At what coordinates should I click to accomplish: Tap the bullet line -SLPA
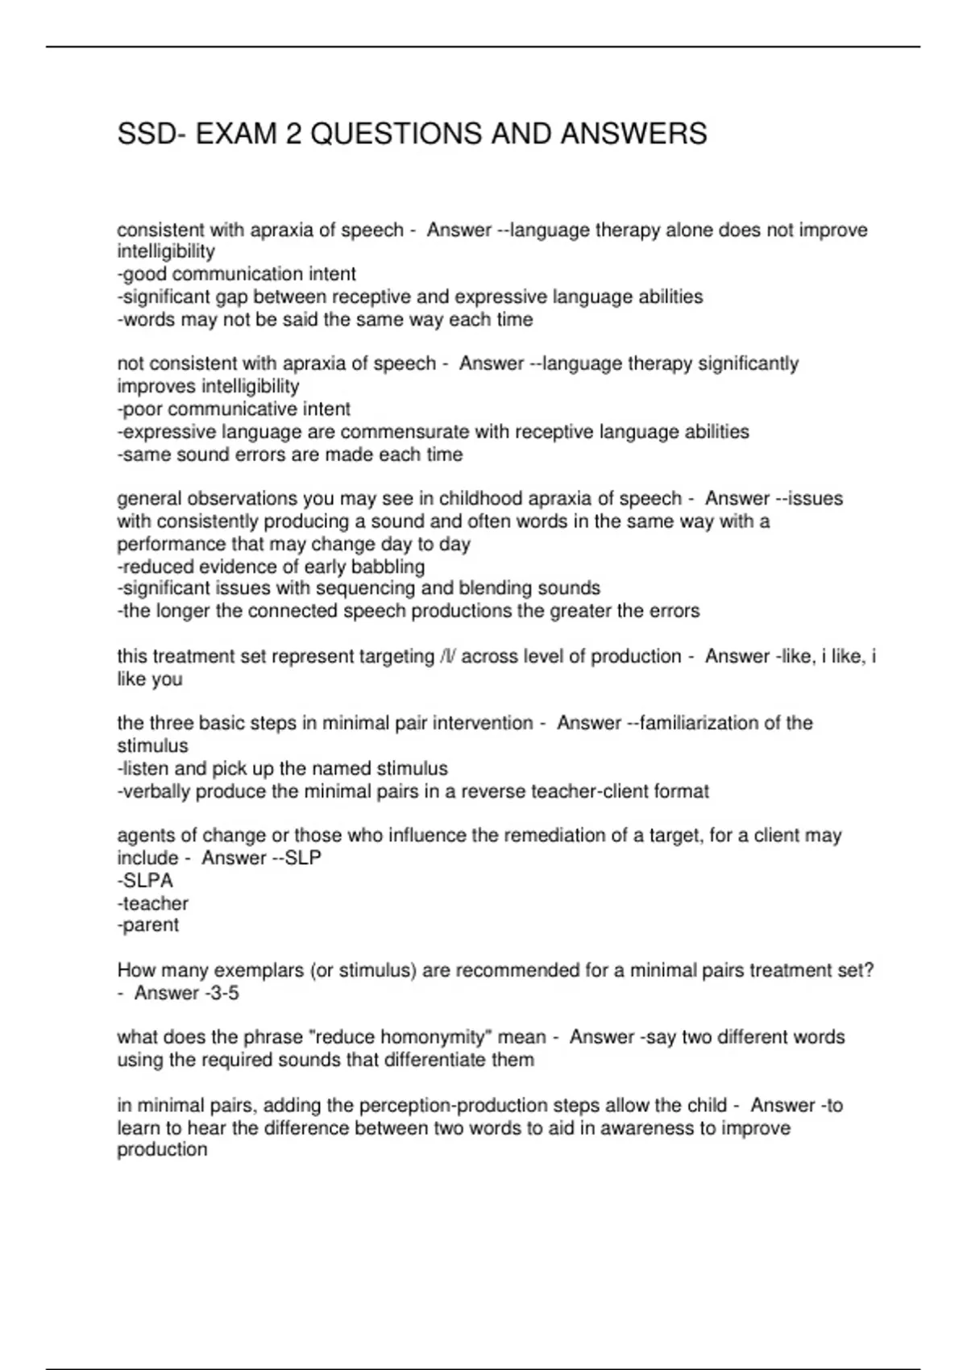(x=145, y=881)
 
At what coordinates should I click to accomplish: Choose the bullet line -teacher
(x=153, y=903)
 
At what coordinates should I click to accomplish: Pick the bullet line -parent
(x=148, y=925)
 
